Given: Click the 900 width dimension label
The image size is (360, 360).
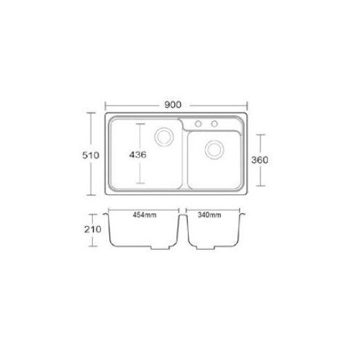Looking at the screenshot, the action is (173, 105).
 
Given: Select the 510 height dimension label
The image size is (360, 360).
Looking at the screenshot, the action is (91, 156).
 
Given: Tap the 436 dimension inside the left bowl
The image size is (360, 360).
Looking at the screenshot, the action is (138, 155).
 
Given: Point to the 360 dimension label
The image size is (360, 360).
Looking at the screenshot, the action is (260, 160).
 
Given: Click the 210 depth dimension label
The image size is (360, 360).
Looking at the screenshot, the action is (93, 230).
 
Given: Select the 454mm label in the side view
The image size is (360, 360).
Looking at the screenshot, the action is (145, 215).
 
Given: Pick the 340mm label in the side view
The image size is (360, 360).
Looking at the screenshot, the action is (210, 215).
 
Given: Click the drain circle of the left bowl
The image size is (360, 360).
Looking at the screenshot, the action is (164, 137).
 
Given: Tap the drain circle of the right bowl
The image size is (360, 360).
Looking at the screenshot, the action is (215, 150).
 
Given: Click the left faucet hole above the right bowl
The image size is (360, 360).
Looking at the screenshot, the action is (198, 124).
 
